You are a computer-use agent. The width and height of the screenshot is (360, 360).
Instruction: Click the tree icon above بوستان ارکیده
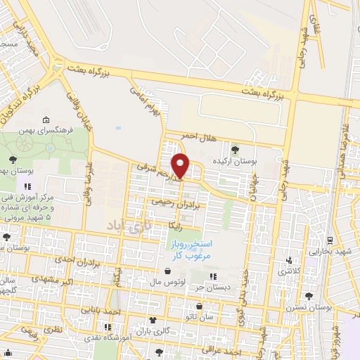click(x=235, y=149)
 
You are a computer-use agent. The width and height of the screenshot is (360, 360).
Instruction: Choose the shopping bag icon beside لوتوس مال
click(x=167, y=271)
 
